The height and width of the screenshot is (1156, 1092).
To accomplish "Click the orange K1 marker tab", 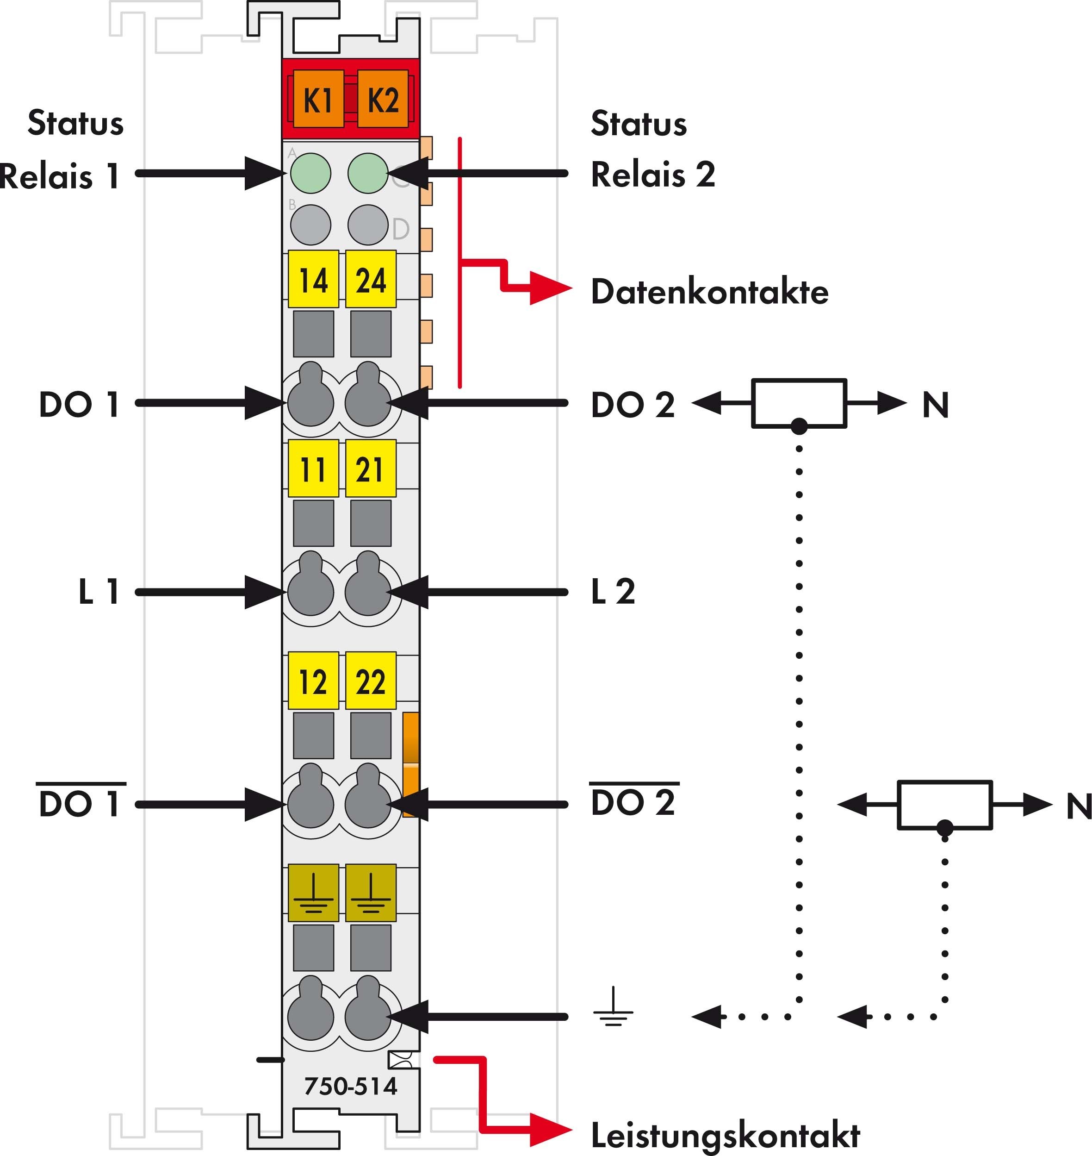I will click(x=318, y=99).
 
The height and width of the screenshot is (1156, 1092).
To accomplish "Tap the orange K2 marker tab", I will click(x=383, y=99).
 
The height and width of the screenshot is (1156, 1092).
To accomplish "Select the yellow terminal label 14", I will click(x=313, y=279).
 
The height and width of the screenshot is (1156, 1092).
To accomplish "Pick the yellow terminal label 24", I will click(x=371, y=279).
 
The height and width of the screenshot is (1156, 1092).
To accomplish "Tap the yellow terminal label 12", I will click(x=313, y=681).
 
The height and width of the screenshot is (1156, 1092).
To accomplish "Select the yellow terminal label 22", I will click(x=371, y=681).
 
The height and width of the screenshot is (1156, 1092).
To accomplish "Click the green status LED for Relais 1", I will click(x=310, y=173).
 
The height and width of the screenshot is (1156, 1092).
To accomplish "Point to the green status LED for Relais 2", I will click(x=368, y=173).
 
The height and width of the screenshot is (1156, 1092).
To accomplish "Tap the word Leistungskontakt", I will click(x=725, y=1134).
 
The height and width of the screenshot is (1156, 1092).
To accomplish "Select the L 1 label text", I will click(x=99, y=591).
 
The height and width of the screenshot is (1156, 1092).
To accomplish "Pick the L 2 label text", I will click(x=612, y=591).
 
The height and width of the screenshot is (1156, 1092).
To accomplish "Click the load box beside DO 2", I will click(x=799, y=403).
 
